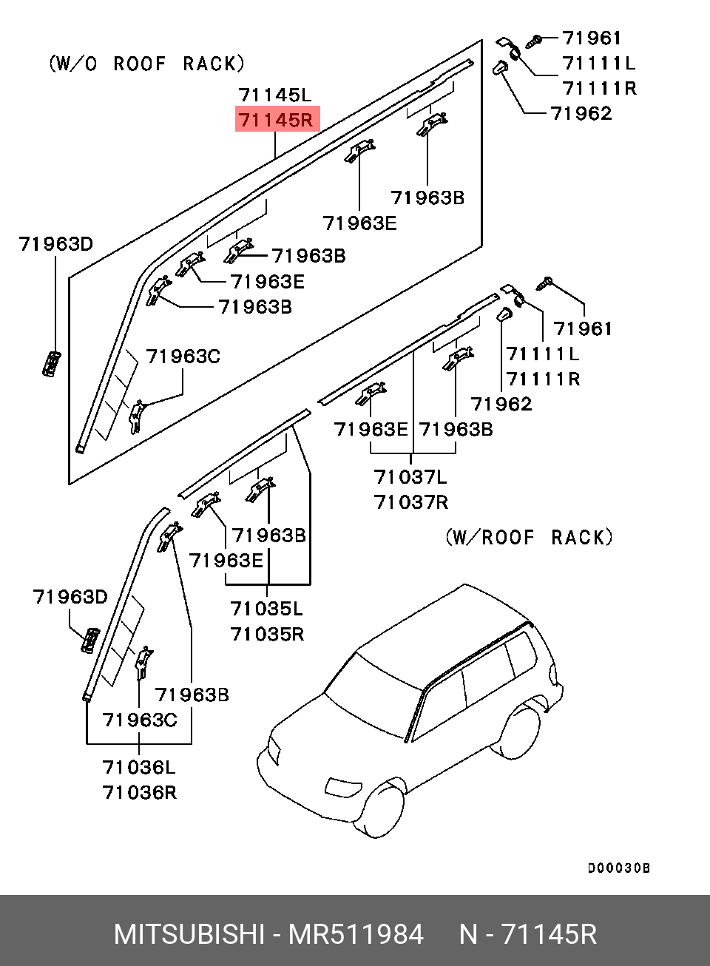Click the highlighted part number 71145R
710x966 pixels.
pyautogui.click(x=277, y=119)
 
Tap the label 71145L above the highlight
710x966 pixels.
pyautogui.click(x=275, y=95)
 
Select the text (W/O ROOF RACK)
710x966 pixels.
pyautogui.click(x=146, y=64)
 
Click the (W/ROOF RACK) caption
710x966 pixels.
pyautogui.click(x=529, y=537)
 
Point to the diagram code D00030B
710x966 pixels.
pyautogui.click(x=618, y=868)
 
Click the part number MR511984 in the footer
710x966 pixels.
pyautogui.click(x=355, y=934)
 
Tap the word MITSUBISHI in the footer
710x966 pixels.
pyautogui.click(x=189, y=934)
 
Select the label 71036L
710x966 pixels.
pyautogui.click(x=139, y=767)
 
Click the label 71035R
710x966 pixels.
pyautogui.click(x=266, y=634)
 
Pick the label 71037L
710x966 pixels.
pyautogui.click(x=410, y=477)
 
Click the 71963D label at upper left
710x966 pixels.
pyautogui.click(x=56, y=243)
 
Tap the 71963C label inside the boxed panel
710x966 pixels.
pyautogui.click(x=183, y=357)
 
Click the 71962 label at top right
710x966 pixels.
pyautogui.click(x=581, y=113)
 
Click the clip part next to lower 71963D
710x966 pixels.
pyautogui.click(x=89, y=640)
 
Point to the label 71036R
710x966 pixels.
pyautogui.click(x=139, y=792)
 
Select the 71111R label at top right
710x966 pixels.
pyautogui.click(x=599, y=88)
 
